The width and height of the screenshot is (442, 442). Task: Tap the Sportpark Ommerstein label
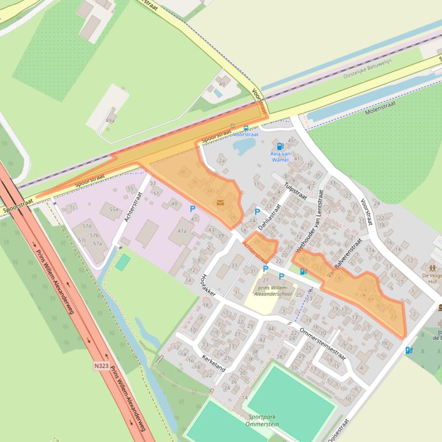263,420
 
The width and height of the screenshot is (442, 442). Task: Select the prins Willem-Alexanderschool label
272,290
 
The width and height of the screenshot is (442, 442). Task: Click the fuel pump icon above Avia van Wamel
280,146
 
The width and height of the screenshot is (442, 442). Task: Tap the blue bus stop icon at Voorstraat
245,128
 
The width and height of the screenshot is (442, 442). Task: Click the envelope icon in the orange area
220,202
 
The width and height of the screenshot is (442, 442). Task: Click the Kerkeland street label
213,362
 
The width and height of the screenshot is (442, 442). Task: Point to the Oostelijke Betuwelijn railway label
371,69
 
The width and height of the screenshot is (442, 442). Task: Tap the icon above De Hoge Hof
432,267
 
